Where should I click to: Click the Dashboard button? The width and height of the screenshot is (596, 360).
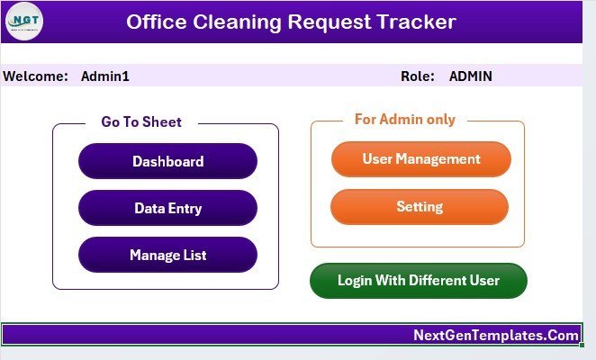[x=167, y=161]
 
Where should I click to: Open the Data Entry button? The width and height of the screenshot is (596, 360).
[x=167, y=208]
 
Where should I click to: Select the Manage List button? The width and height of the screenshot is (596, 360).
[x=167, y=255]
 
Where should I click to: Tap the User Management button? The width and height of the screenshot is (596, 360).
[x=421, y=159]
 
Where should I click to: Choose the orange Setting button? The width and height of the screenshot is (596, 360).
[x=420, y=207]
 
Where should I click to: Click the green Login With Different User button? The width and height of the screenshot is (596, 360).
[x=419, y=281]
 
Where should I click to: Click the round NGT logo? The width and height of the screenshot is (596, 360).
[x=24, y=22]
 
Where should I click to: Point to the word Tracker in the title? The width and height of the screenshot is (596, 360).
[x=417, y=22]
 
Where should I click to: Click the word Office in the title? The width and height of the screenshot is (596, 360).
[x=157, y=22]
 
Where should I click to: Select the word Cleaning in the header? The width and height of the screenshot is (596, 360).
[x=237, y=22]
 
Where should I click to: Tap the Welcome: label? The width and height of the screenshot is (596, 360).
[x=35, y=76]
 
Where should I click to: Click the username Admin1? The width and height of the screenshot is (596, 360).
[x=105, y=76]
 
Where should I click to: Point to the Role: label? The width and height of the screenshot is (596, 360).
[x=418, y=76]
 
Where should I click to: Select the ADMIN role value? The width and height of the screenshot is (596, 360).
[x=471, y=76]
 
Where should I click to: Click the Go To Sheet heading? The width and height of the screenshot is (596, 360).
[x=141, y=122]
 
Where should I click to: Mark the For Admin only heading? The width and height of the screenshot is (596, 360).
[x=405, y=120]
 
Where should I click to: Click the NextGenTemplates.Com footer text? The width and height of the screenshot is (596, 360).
[x=496, y=335]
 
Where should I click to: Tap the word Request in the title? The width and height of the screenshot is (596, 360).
[x=330, y=22]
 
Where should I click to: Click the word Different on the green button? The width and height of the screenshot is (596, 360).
[x=438, y=280]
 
